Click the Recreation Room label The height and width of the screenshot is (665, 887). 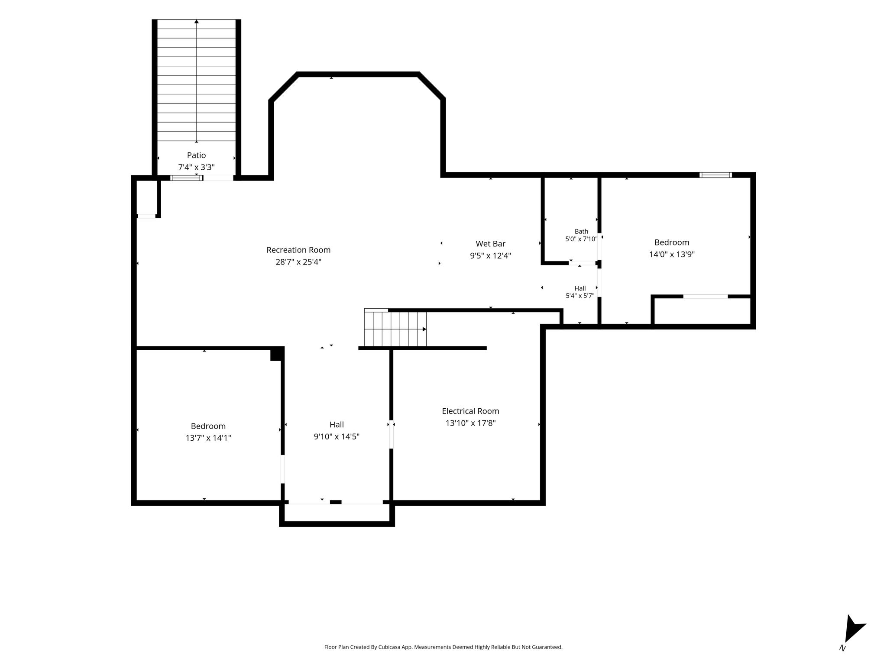click(x=298, y=250)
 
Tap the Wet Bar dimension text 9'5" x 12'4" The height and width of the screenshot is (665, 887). click(x=490, y=256)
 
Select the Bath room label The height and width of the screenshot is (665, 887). click(x=581, y=231)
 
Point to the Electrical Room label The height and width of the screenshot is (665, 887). click(x=470, y=411)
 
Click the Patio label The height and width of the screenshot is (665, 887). click(x=196, y=155)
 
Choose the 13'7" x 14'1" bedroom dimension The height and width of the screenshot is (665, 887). click(x=208, y=438)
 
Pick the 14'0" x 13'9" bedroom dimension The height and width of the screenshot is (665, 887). click(x=672, y=255)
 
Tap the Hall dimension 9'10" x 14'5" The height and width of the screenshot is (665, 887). click(x=337, y=437)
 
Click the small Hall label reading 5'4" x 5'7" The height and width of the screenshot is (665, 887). click(x=580, y=296)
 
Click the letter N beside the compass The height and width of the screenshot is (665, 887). click(x=842, y=648)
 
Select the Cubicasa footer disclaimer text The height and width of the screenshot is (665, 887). click(x=443, y=647)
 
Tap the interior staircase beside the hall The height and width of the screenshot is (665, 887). click(x=395, y=329)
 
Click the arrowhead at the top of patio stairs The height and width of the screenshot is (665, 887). click(x=197, y=21)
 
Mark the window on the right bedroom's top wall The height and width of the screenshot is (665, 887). click(x=715, y=175)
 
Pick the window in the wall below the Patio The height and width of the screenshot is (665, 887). click(x=186, y=178)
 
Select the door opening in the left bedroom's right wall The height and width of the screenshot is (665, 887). click(x=283, y=469)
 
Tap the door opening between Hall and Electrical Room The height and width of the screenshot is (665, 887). click(x=391, y=434)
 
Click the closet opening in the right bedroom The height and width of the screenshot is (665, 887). click(x=705, y=297)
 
